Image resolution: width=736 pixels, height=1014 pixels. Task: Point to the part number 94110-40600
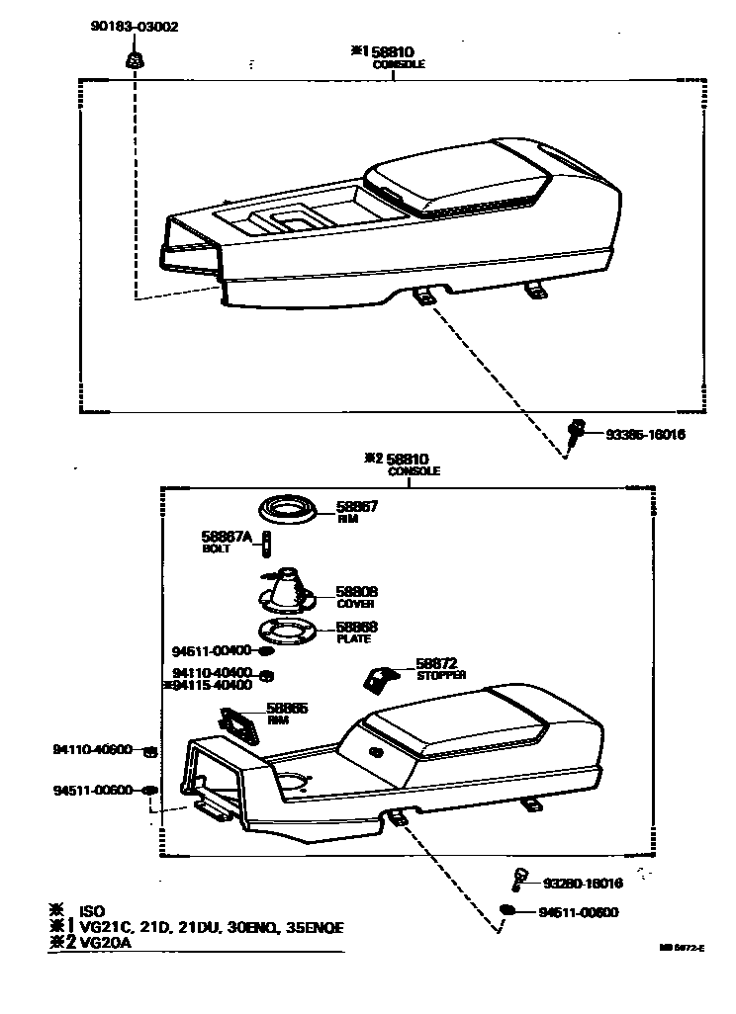(x=92, y=750)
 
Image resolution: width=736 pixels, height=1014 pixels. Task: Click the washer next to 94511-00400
(x=266, y=651)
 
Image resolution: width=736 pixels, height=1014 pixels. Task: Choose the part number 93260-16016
(x=583, y=883)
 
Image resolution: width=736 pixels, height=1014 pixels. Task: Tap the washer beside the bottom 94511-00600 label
(x=508, y=911)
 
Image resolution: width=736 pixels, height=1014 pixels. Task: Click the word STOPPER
(x=441, y=675)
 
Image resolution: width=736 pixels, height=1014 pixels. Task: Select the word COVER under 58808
(x=354, y=604)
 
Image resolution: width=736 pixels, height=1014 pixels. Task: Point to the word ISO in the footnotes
(x=91, y=910)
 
